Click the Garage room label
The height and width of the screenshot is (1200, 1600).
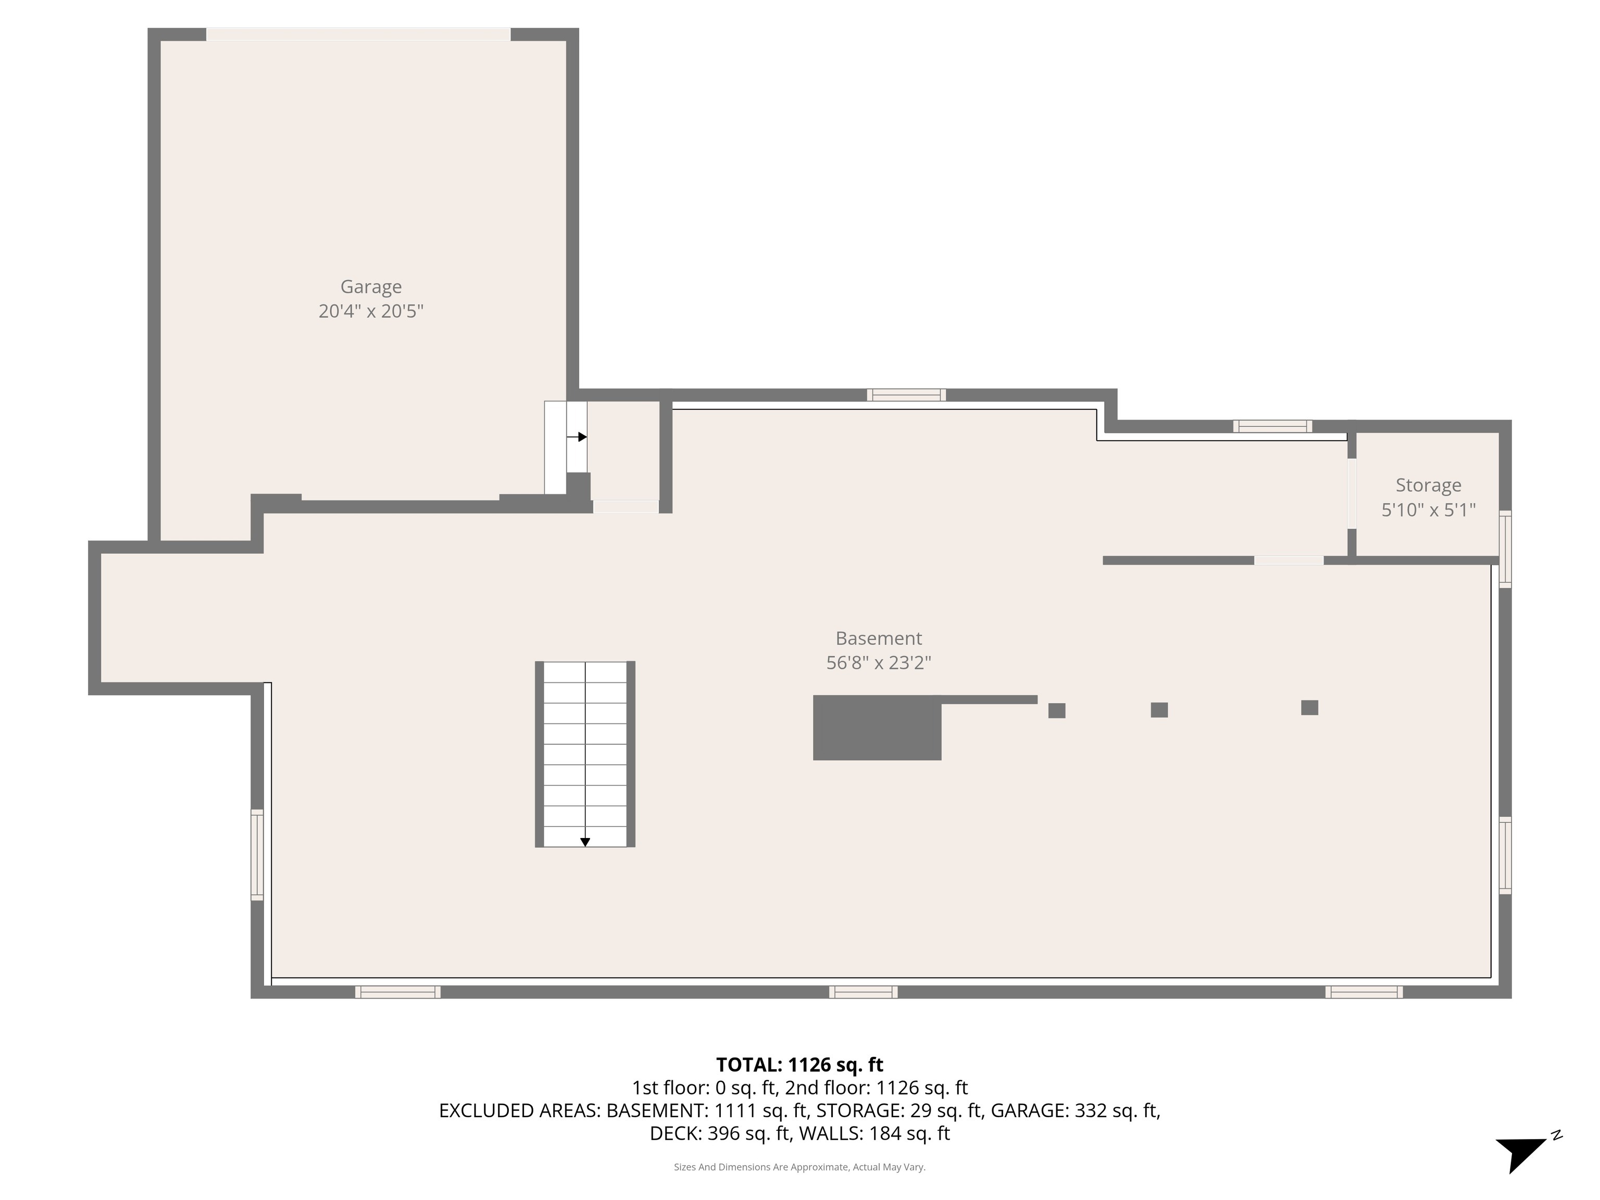[371, 287]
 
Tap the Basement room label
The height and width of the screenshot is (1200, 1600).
[878, 639]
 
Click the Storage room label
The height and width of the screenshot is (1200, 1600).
[1428, 485]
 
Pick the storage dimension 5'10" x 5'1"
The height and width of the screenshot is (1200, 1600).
[1428, 510]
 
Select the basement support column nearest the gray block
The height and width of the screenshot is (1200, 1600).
[1056, 710]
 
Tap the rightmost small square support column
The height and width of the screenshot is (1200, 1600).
[1309, 707]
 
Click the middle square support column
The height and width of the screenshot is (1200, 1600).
[1159, 709]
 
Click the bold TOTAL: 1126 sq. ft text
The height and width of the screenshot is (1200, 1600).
[799, 1065]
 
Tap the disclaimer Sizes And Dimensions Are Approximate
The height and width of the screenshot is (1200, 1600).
[799, 1167]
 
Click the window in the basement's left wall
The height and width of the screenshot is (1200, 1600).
[257, 855]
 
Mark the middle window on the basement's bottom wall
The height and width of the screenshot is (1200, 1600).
[863, 992]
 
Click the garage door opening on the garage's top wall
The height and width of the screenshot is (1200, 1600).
[358, 34]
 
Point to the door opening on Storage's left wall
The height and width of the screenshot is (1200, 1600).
[1351, 494]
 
